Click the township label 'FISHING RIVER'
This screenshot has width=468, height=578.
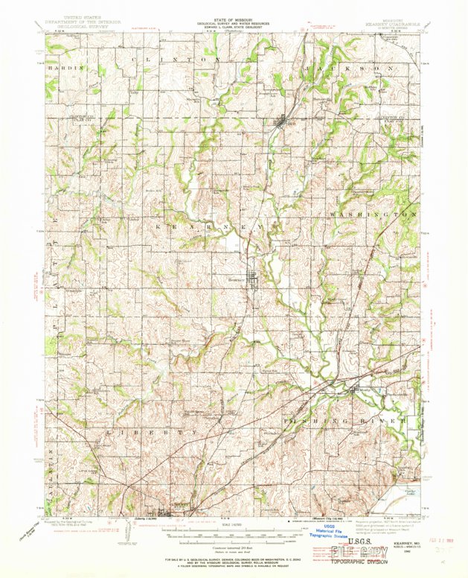tap(347, 422)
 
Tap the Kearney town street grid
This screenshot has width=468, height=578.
tap(254, 281)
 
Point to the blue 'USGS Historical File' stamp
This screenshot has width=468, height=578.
tap(330, 530)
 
